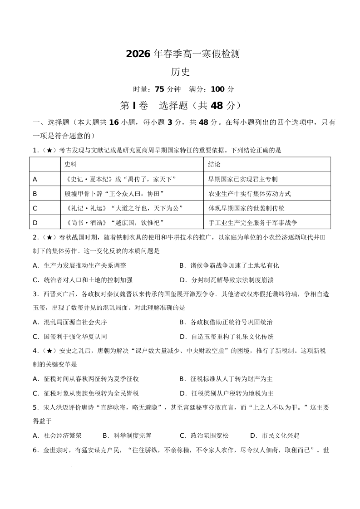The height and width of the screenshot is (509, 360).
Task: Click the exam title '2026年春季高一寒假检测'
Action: tap(182, 54)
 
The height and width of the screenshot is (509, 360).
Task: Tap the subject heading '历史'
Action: tap(180, 72)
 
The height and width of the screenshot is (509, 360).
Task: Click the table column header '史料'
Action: tap(70, 164)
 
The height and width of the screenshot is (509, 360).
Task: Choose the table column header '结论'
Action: tap(214, 164)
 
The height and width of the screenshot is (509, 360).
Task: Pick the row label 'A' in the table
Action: tap(35, 179)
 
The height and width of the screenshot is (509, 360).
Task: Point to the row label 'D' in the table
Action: tap(35, 223)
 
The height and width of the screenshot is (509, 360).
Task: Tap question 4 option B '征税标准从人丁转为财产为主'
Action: tap(232, 379)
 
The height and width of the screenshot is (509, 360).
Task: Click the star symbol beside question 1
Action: tap(48, 150)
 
